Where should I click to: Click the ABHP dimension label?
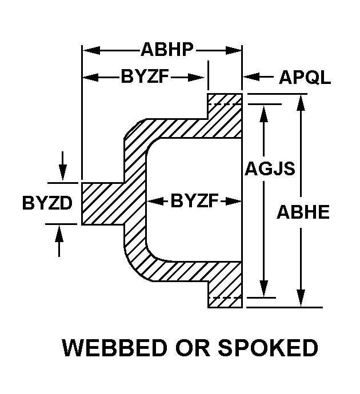pyautogui.click(x=167, y=50)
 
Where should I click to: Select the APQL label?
pyautogui.click(x=305, y=77)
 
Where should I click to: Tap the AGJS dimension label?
pyautogui.click(x=270, y=168)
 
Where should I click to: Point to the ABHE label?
pyautogui.click(x=303, y=212)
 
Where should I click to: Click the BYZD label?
pyautogui.click(x=47, y=203)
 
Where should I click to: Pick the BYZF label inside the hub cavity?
pyautogui.click(x=195, y=201)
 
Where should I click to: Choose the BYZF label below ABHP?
pyautogui.click(x=145, y=77)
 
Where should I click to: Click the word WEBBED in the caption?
pyautogui.click(x=114, y=348)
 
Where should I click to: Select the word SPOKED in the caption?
pyautogui.click(x=268, y=348)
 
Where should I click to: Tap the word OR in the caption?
pyautogui.click(x=193, y=348)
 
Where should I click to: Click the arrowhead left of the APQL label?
pyautogui.click(x=251, y=77)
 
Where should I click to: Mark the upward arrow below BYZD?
pyautogui.click(x=59, y=241)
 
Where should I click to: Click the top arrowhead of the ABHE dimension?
pyautogui.click(x=301, y=103)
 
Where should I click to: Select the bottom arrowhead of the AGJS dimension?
pyautogui.click(x=264, y=289)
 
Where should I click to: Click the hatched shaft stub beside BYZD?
pyautogui.click(x=102, y=203)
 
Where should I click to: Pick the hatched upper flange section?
pyautogui.click(x=225, y=116)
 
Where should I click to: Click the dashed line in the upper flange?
pyautogui.click(x=225, y=104)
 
